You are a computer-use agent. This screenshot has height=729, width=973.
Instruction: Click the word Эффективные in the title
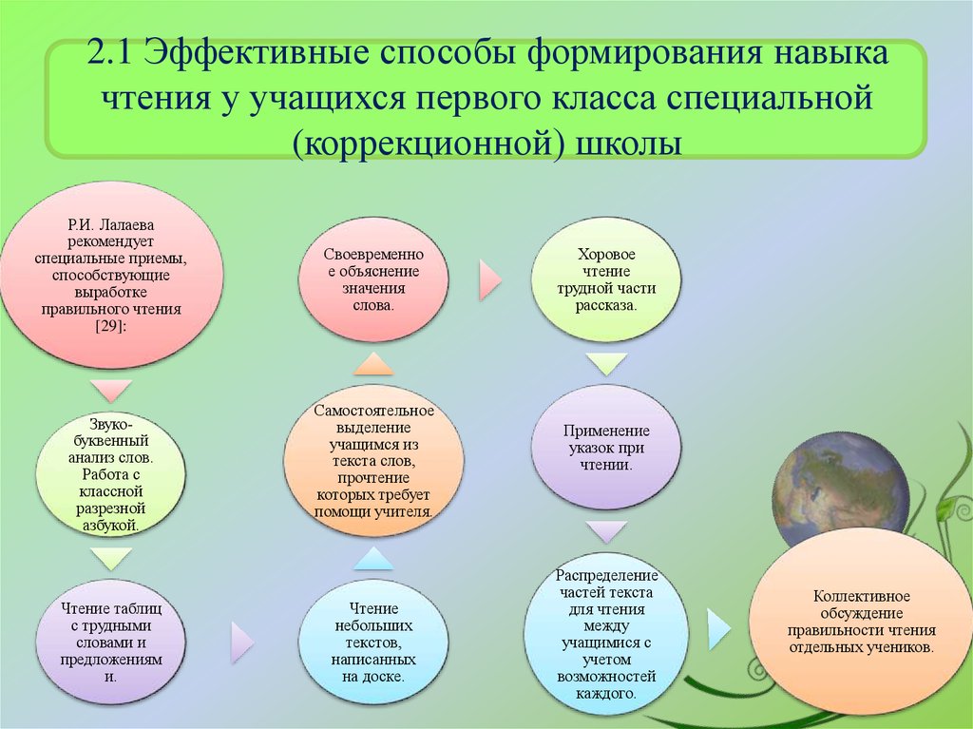coord(255,54)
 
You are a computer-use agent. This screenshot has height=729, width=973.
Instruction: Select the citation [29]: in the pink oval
coord(111,326)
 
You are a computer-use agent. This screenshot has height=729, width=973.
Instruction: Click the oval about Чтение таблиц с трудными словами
coord(111,643)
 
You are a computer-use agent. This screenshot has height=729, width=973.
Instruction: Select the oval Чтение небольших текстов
coord(372,643)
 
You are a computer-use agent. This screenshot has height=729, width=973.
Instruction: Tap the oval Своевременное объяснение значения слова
coord(372,280)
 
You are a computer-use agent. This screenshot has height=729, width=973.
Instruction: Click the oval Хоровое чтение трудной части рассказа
coord(605,280)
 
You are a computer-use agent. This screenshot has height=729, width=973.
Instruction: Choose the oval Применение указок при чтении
coord(605,448)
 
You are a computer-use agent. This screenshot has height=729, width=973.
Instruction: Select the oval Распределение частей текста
coord(606,631)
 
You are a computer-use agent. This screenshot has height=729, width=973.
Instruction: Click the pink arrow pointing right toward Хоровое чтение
coord(490,280)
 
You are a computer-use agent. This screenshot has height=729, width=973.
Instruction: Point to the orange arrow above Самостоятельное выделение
coord(373,364)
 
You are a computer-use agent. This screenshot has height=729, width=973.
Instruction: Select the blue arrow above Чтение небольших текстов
coord(373,559)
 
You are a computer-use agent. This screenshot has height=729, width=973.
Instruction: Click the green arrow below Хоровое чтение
coord(605,364)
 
